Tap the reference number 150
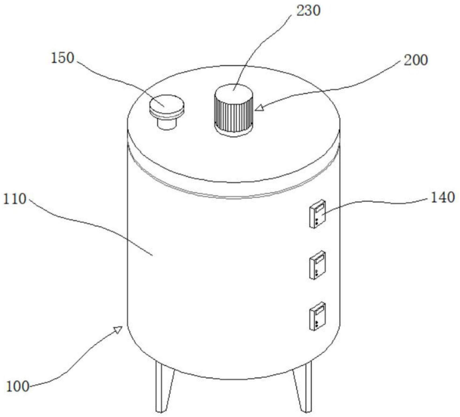[x=63, y=58]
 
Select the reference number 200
[x=416, y=60]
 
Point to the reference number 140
[x=443, y=198]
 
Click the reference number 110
[x=15, y=199]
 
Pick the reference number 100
[x=18, y=386]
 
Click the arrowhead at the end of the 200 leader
[x=259, y=108]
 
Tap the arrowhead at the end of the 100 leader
[x=118, y=330]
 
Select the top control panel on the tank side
[x=317, y=214]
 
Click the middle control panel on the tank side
[x=317, y=265]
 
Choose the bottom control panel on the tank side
[x=317, y=316]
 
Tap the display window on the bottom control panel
[x=320, y=309]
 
